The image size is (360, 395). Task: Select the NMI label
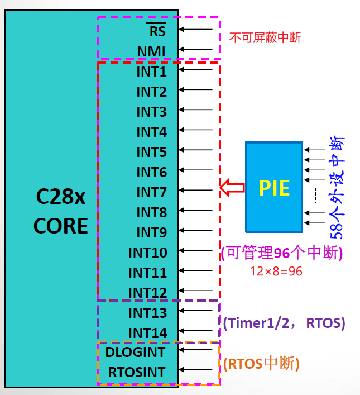click(x=151, y=52)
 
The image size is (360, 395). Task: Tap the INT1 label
click(x=151, y=72)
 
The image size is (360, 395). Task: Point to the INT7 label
click(x=151, y=193)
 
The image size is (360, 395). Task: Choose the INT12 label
click(x=147, y=293)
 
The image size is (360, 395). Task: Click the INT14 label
click(x=147, y=333)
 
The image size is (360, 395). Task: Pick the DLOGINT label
click(x=135, y=353)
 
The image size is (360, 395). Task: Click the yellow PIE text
click(x=274, y=187)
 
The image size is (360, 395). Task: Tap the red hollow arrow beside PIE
click(x=232, y=187)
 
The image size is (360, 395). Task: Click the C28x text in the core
click(x=61, y=197)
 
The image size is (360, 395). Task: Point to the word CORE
click(x=61, y=226)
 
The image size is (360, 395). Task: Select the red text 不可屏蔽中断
click(x=265, y=38)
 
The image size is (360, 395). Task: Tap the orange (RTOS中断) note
click(x=261, y=364)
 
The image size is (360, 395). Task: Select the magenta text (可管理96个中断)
click(x=281, y=253)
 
